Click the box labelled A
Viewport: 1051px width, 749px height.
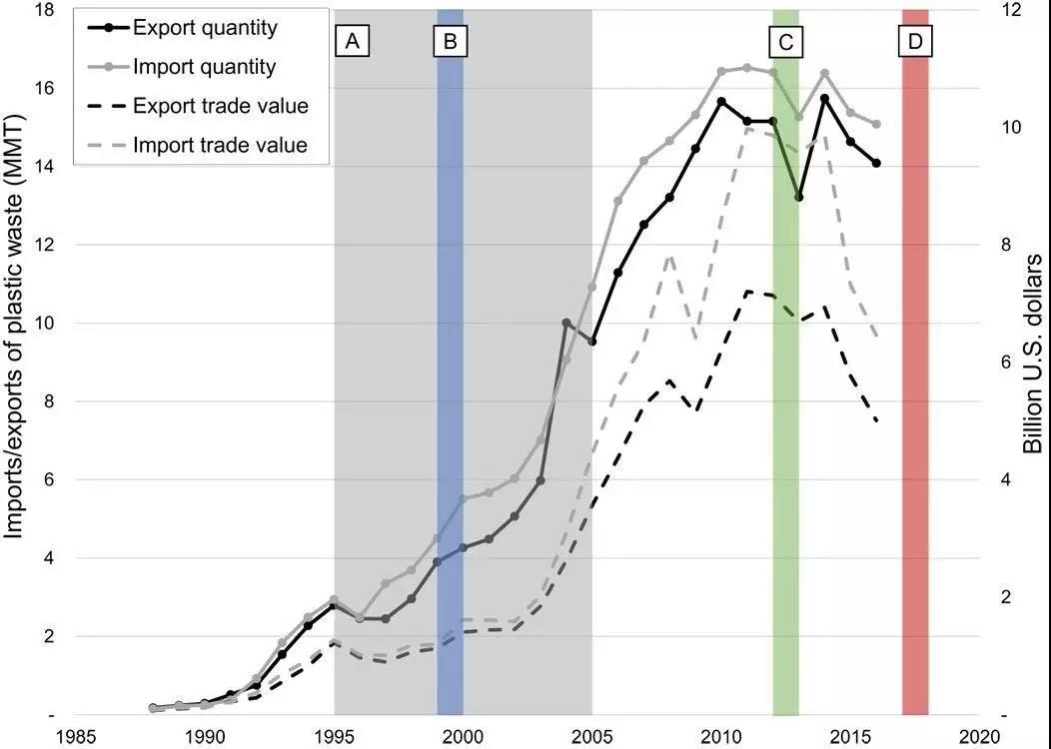352,42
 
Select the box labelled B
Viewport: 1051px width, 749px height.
450,42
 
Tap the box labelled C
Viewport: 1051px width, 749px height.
785,42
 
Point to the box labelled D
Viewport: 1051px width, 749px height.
915,42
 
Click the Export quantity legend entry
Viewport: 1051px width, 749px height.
204,28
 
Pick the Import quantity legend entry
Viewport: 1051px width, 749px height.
204,67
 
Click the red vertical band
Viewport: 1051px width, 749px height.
915,399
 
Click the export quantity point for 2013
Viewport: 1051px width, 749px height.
798,198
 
